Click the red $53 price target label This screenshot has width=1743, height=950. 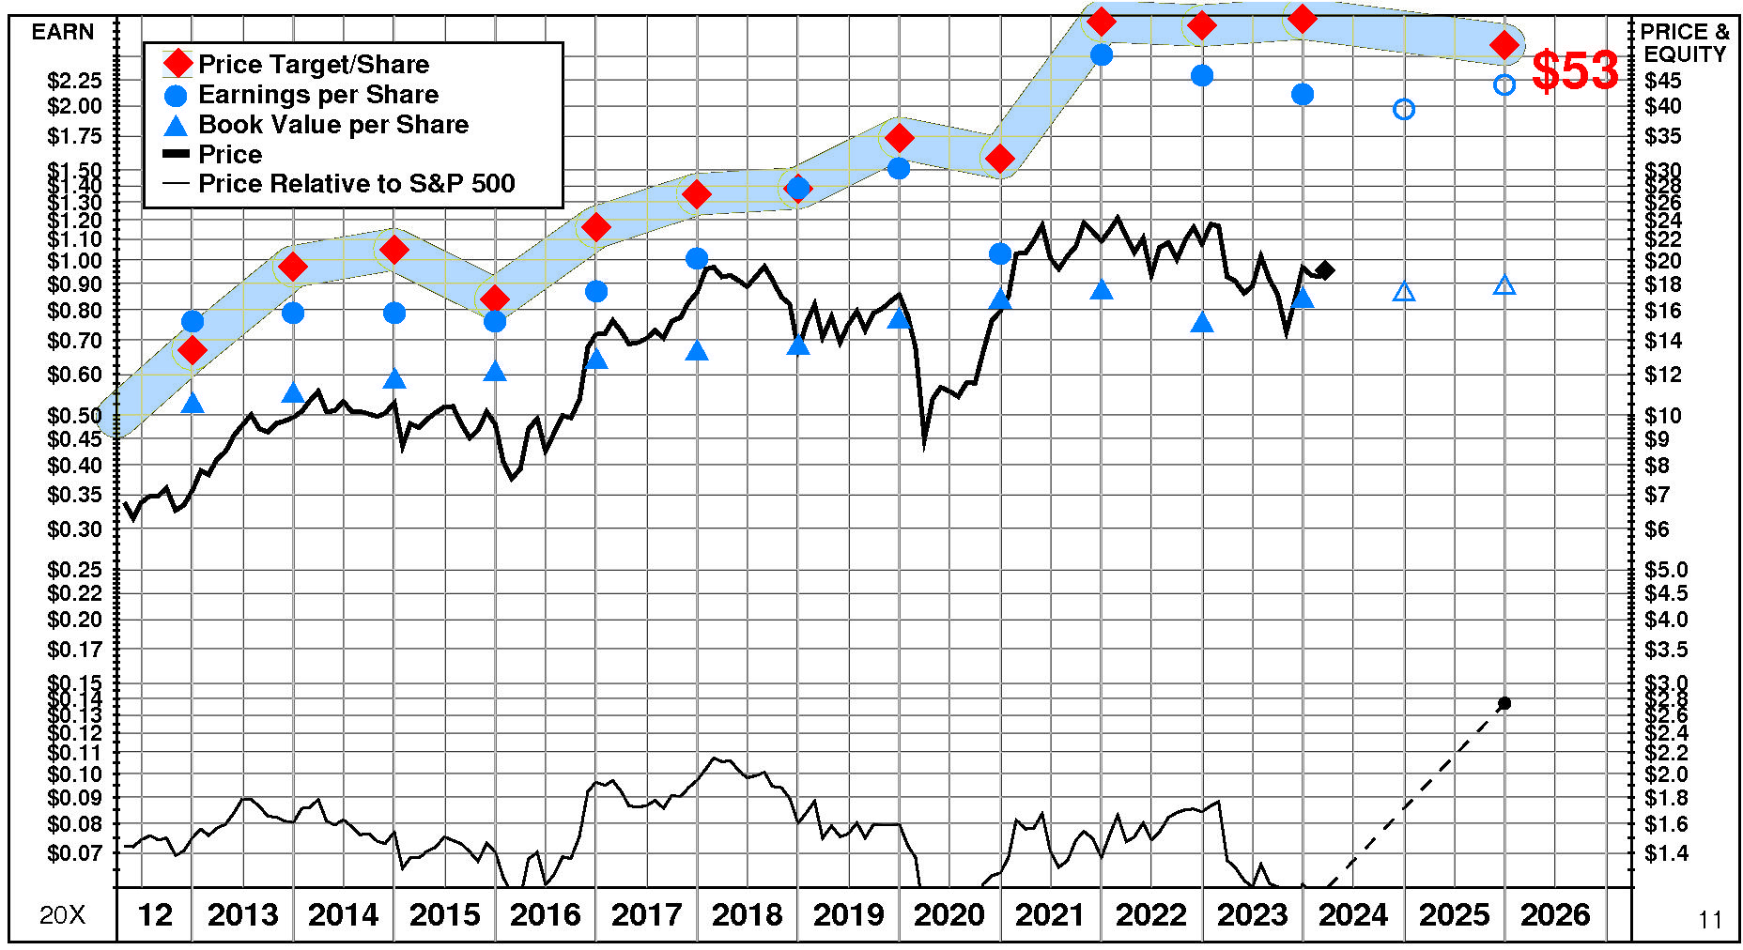tap(1575, 71)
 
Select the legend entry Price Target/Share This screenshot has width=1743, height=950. tap(314, 64)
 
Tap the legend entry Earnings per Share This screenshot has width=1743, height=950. tap(318, 95)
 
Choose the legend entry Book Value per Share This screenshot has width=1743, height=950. tap(333, 125)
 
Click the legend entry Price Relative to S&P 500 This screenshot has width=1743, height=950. tap(356, 183)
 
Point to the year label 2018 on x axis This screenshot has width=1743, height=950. tap(747, 914)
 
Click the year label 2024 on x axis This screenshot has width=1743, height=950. tap(1352, 914)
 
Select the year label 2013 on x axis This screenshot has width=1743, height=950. tap(242, 914)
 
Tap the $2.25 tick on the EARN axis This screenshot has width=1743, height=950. tap(74, 81)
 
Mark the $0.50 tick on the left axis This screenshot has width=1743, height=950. tap(74, 415)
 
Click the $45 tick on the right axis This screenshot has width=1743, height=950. tap(1663, 81)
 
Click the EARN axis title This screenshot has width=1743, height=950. tap(63, 32)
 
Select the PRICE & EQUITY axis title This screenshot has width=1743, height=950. tap(1685, 43)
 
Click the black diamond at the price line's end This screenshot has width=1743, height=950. tap(1325, 270)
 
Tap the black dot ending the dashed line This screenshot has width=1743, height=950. tap(1504, 703)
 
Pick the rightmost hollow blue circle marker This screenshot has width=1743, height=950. tap(1504, 84)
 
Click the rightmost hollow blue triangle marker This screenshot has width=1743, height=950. tap(1504, 285)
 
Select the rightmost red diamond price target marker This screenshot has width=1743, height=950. tap(1504, 44)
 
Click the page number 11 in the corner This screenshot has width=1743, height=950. tap(1710, 920)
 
